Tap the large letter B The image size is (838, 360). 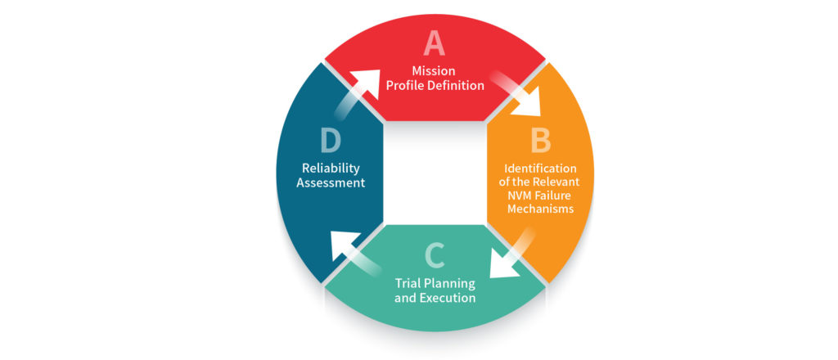(540, 142)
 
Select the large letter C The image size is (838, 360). (434, 256)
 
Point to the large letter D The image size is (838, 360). (331, 142)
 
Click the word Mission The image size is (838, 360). (434, 70)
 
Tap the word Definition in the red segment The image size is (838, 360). (457, 85)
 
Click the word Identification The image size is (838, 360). (540, 168)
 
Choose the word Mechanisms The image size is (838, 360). (540, 209)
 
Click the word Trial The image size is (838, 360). (408, 283)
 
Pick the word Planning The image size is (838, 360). (449, 284)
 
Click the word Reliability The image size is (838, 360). (331, 169)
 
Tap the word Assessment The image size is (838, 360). (331, 182)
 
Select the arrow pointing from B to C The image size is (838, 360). (512, 254)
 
